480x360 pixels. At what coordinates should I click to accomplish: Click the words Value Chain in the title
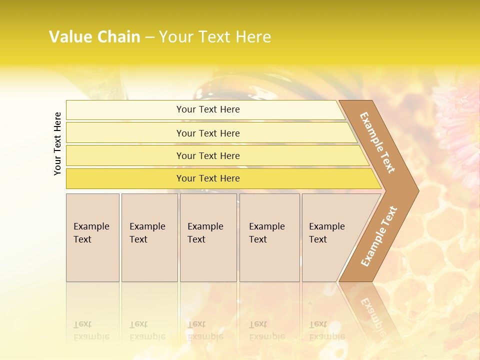(94, 36)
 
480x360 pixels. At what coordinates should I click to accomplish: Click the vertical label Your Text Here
(57, 143)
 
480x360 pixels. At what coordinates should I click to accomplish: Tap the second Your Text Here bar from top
(208, 133)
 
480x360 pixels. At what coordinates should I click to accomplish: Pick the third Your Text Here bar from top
(208, 155)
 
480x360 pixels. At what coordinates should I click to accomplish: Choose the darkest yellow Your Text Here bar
(208, 178)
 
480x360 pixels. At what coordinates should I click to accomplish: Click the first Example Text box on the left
(92, 237)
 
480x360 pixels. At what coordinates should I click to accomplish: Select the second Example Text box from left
(149, 237)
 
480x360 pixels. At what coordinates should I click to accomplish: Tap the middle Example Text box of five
(208, 237)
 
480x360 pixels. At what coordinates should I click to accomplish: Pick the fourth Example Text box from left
(269, 237)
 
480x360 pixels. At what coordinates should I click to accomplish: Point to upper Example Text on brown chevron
(377, 142)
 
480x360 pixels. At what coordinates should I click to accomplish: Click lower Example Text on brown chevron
(379, 236)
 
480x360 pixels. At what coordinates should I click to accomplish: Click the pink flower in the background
(457, 125)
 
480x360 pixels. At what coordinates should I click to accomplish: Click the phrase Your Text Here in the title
(215, 36)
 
